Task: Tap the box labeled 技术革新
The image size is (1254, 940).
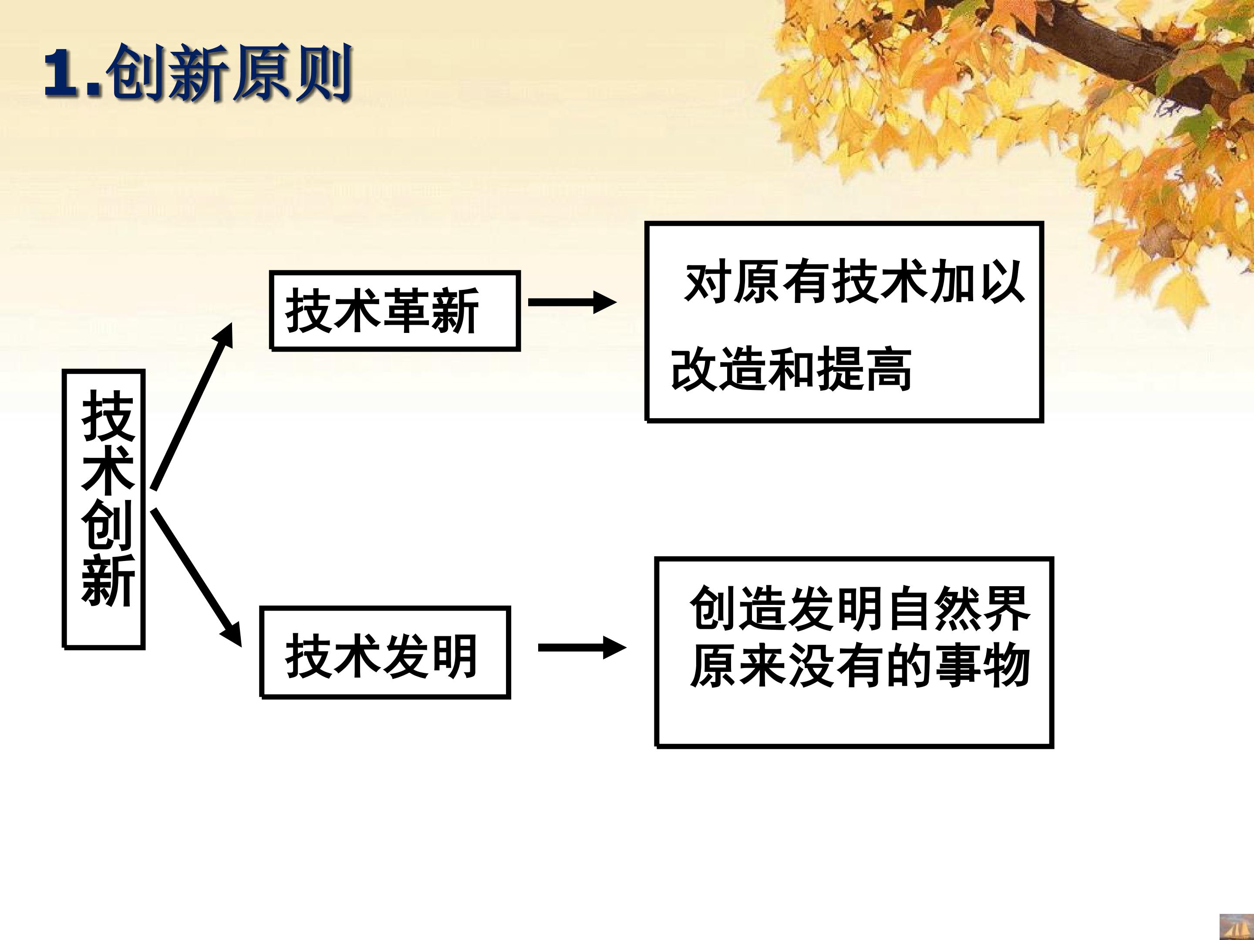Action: click(x=394, y=310)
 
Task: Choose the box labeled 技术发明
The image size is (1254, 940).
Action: click(x=385, y=652)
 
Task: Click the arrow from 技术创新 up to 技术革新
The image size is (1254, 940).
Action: click(x=192, y=406)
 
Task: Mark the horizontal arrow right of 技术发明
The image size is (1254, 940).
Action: click(x=582, y=647)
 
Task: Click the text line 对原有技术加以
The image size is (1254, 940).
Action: click(x=854, y=282)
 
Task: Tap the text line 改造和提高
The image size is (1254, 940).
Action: click(x=791, y=369)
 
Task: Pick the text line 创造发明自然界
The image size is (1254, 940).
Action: click(x=860, y=608)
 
